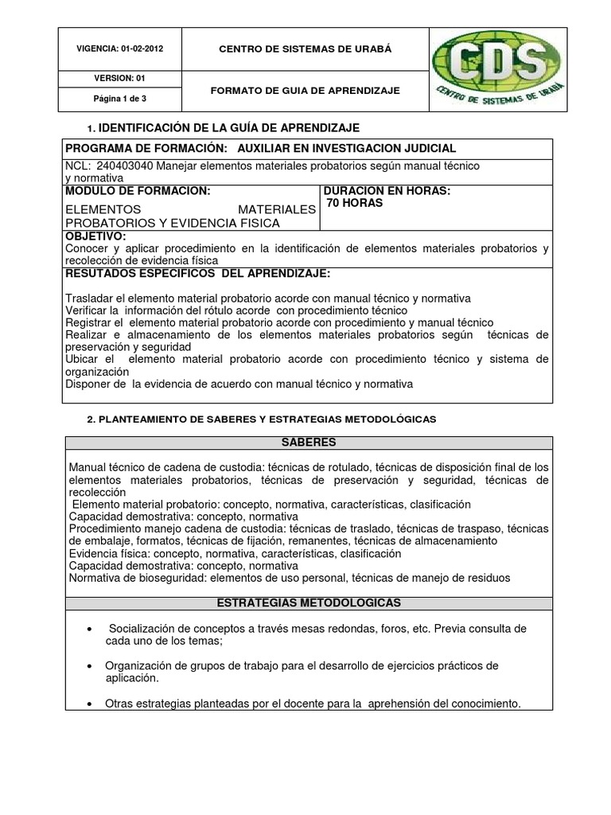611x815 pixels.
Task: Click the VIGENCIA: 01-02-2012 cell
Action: tap(121, 49)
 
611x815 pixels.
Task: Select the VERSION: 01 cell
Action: tap(121, 78)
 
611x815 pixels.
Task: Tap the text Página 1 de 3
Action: tap(121, 99)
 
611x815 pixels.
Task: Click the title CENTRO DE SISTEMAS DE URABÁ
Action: tap(305, 49)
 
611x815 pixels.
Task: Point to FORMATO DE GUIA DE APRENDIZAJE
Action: tap(305, 91)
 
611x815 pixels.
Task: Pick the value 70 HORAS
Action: tap(355, 203)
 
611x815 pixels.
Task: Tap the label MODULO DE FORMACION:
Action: tap(138, 191)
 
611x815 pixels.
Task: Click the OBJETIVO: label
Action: tap(95, 236)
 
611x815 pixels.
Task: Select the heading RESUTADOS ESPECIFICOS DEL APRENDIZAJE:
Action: tap(197, 273)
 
